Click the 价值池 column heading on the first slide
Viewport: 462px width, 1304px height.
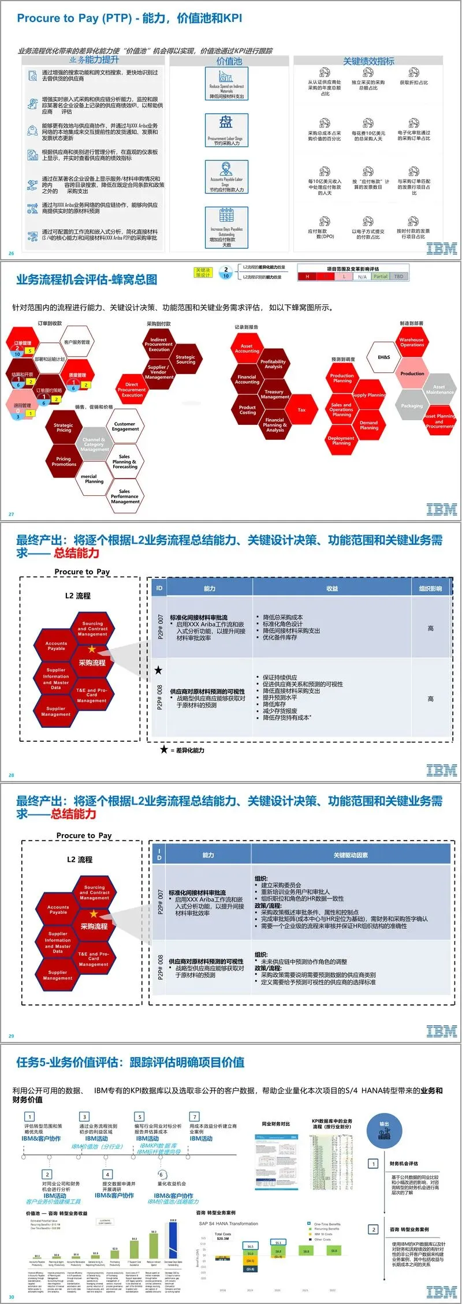(229, 61)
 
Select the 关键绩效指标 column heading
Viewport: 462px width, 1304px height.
(368, 61)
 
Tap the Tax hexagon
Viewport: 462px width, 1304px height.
(301, 410)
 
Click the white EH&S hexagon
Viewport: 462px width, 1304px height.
(384, 357)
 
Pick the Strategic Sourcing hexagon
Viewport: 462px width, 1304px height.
(185, 360)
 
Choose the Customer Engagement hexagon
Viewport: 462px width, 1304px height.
(125, 427)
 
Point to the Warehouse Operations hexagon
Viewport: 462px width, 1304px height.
(412, 342)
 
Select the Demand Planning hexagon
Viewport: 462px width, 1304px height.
(369, 425)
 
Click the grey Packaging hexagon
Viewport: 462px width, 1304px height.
(412, 406)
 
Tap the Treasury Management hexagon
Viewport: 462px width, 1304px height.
(274, 394)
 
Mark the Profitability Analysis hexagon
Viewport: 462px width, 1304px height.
(273, 364)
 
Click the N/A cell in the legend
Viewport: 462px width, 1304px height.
(362, 277)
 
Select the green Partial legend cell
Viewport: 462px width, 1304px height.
(381, 277)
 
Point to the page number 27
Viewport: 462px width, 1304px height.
(12, 514)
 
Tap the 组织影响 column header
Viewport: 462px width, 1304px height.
(430, 588)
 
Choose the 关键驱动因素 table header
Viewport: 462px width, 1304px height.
(351, 855)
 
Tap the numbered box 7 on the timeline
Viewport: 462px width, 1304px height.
(195, 1117)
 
